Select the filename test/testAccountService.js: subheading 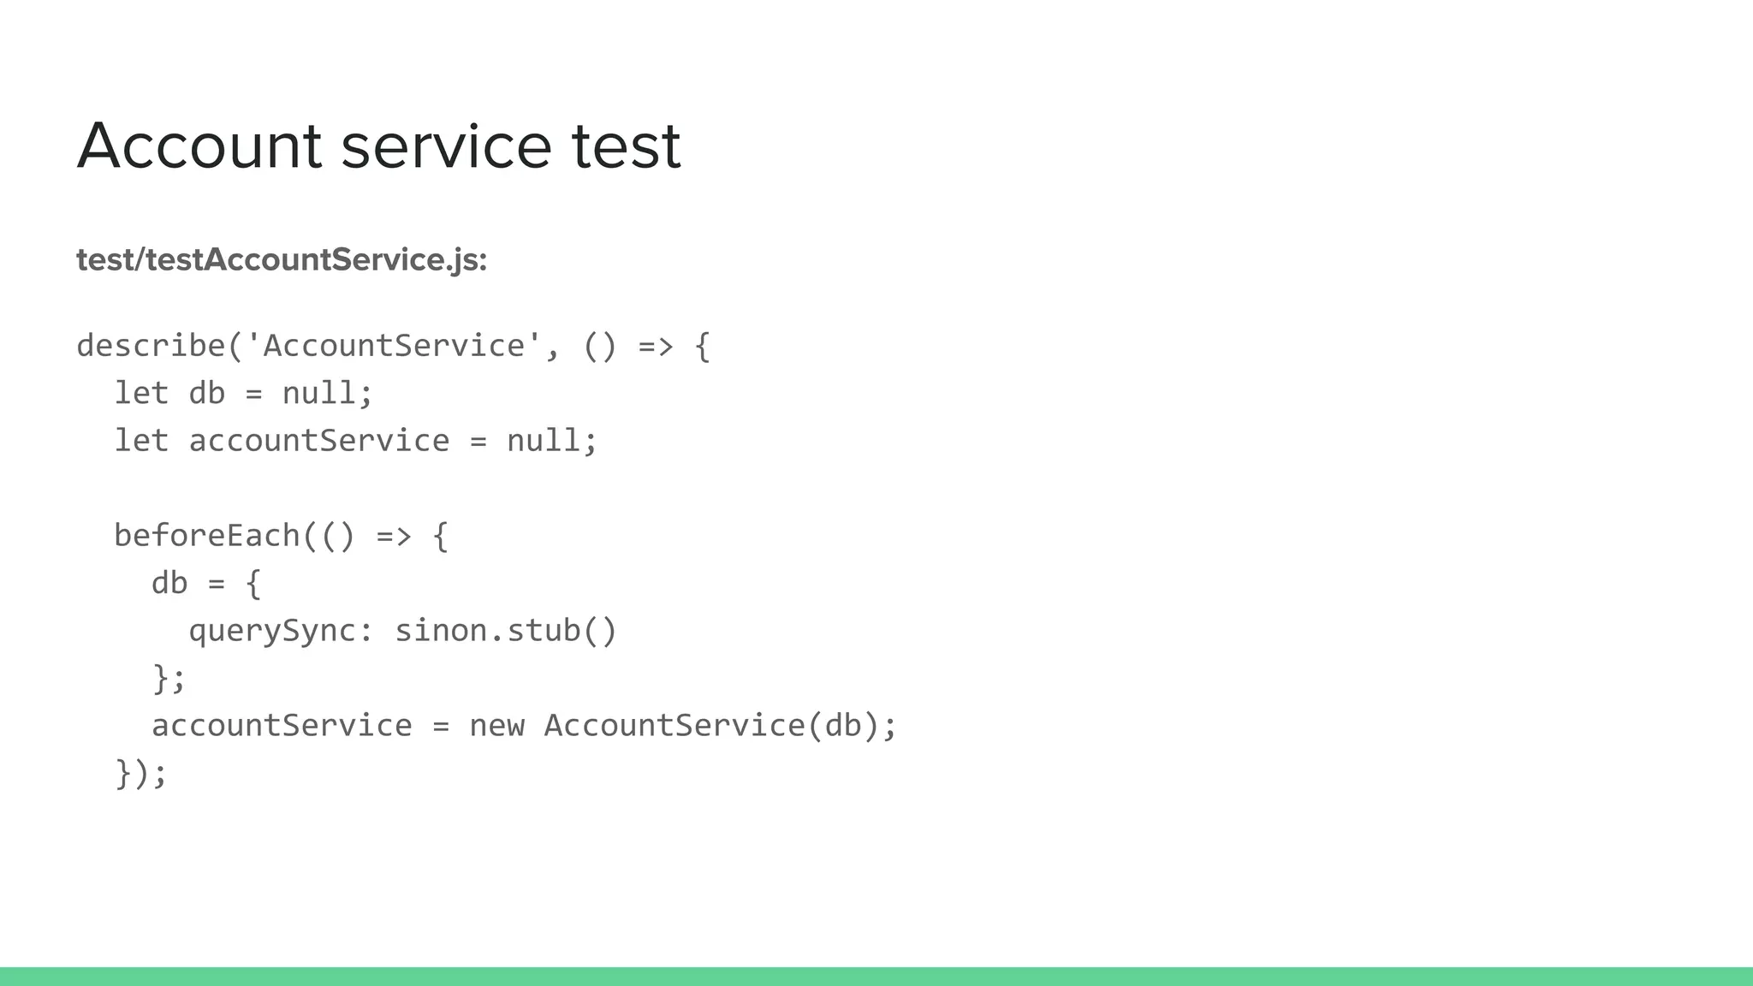tap(282, 259)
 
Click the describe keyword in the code tap(151, 346)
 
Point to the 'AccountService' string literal tap(394, 346)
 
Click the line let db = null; tap(244, 393)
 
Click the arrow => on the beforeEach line tap(394, 536)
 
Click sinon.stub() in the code tap(505, 631)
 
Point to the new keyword tap(496, 726)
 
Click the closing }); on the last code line tap(141, 774)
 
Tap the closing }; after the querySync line tap(169, 679)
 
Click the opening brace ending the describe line tap(702, 346)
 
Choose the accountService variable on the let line tap(318, 441)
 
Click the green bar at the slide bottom tap(876, 977)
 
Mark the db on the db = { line tap(169, 584)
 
